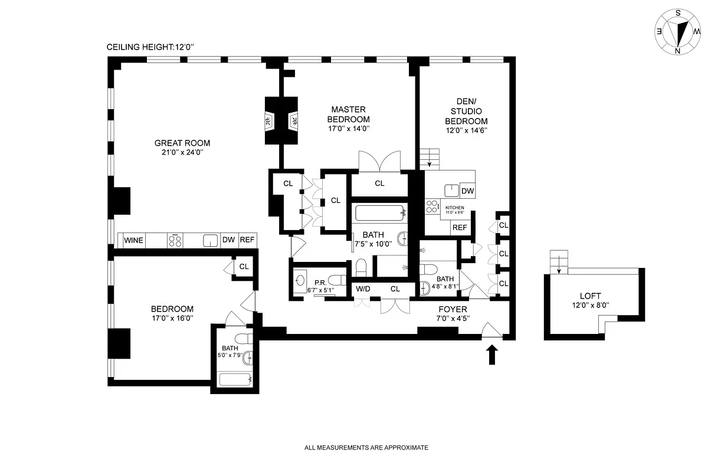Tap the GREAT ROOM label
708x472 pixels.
(x=182, y=143)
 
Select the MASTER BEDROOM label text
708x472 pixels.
(x=348, y=114)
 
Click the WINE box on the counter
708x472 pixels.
(x=133, y=240)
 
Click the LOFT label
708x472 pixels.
(x=590, y=296)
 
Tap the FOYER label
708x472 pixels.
(x=453, y=309)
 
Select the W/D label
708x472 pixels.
(x=363, y=289)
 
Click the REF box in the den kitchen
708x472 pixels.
(x=460, y=228)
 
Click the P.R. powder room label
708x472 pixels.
(x=321, y=282)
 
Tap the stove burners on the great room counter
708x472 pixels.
(x=175, y=240)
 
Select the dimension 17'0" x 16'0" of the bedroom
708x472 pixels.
(x=172, y=319)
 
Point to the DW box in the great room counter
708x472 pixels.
(x=228, y=240)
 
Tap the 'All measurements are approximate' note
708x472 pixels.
(x=366, y=448)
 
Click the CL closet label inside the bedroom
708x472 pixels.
(x=244, y=267)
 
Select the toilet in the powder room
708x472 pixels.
(x=337, y=280)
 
